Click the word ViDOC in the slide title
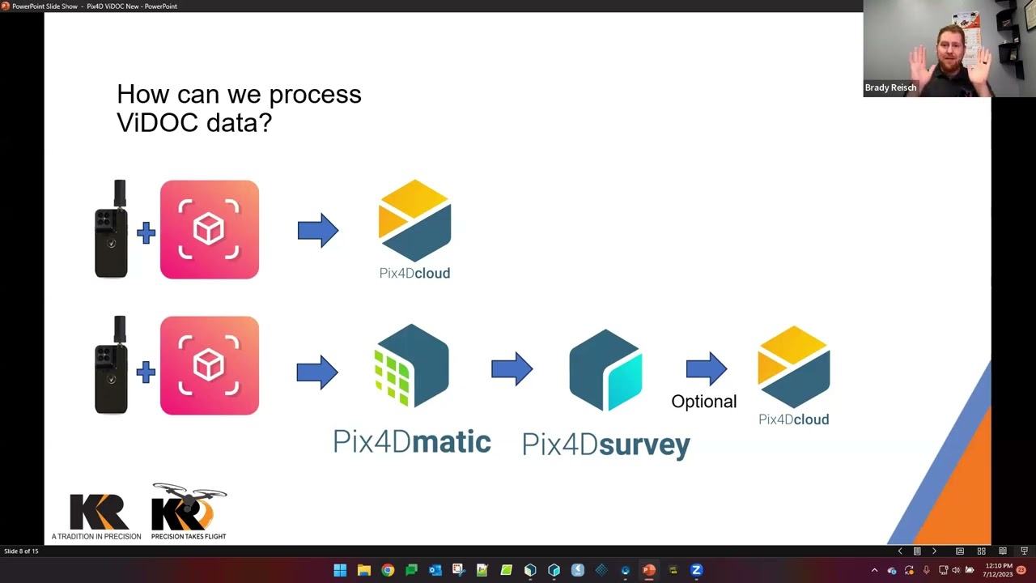click(155, 122)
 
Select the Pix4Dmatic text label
click(411, 441)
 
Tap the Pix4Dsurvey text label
click(605, 444)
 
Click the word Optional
click(703, 402)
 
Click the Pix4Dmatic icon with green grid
click(411, 366)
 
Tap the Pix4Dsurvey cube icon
click(605, 369)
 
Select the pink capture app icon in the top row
click(210, 230)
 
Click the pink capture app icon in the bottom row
click(210, 366)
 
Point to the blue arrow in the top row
click(317, 231)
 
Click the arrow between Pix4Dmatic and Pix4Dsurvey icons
click(512, 369)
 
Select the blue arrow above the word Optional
click(707, 369)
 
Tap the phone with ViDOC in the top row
click(112, 230)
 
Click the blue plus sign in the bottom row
click(146, 372)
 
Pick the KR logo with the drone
click(189, 512)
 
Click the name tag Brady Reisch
click(890, 87)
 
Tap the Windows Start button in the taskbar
click(340, 570)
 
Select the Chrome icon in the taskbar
click(388, 570)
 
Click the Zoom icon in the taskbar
click(696, 570)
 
